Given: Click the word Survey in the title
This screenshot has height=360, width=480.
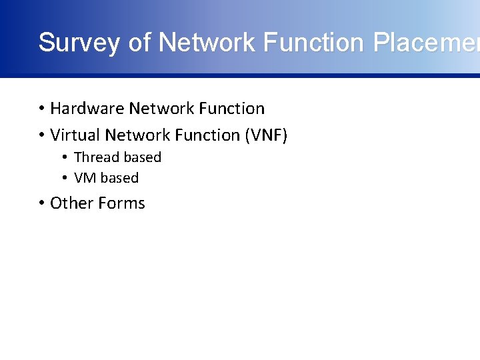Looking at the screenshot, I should (79, 43).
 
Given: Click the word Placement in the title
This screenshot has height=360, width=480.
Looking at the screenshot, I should (426, 43).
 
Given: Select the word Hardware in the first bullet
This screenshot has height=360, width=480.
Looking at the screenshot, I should (87, 108).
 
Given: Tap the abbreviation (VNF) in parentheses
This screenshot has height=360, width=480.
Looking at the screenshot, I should (266, 135).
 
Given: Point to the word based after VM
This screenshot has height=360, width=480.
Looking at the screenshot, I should (119, 178).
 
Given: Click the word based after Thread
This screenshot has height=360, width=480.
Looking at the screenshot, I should (142, 157).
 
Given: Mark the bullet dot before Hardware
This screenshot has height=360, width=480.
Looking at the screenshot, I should (41, 109).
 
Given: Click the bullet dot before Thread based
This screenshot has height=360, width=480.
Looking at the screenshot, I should (65, 158).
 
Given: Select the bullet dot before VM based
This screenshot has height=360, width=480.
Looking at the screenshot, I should (65, 179).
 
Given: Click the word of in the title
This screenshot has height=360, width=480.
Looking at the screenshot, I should (139, 43).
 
